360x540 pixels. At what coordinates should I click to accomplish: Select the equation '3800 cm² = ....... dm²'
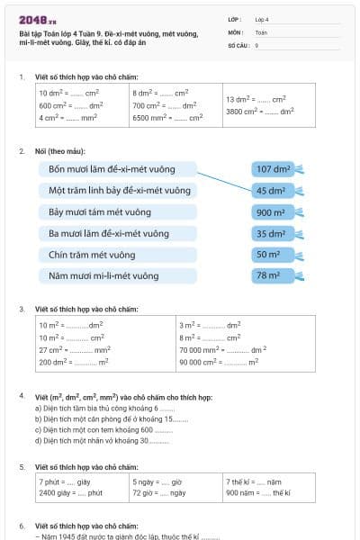coord(259,112)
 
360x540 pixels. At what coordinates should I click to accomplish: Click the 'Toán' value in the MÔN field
coord(262,31)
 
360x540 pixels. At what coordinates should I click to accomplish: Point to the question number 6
coord(22,525)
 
